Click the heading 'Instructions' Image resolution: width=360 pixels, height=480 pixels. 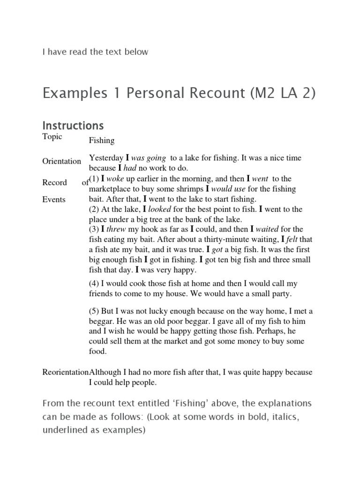(73, 126)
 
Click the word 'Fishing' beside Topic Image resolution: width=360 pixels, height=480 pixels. (102, 141)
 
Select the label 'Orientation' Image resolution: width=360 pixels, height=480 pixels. (61, 161)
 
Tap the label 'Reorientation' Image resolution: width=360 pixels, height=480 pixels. (65, 372)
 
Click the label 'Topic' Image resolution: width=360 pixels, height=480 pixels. (52, 137)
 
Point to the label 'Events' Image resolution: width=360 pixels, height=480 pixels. (54, 199)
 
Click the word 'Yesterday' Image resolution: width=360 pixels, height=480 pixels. (106, 158)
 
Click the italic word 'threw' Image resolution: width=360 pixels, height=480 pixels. (116, 229)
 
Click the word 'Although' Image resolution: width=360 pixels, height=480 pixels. (105, 372)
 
